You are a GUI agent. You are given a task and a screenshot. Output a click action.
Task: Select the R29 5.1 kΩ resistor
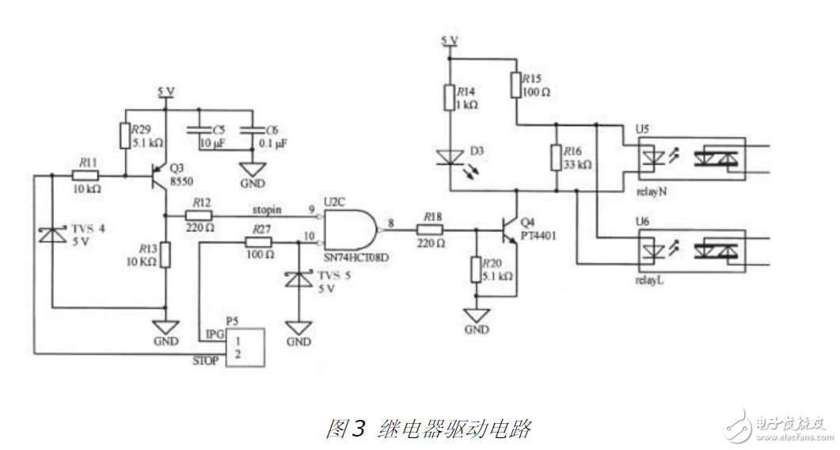(x=125, y=135)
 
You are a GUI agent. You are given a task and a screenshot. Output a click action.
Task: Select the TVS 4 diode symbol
(x=52, y=235)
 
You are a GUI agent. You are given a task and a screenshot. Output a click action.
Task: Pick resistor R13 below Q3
(x=165, y=255)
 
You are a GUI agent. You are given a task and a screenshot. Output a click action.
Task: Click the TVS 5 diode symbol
(x=298, y=278)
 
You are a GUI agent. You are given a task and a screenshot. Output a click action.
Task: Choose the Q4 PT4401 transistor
(x=509, y=229)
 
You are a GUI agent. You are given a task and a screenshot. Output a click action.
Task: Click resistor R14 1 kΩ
(x=449, y=98)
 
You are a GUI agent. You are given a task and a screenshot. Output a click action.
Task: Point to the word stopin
(x=268, y=211)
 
